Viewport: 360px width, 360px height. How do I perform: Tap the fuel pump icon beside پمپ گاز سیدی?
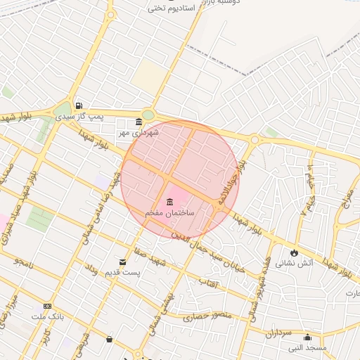point(78,105)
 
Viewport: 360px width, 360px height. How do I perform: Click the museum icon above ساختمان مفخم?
point(170,202)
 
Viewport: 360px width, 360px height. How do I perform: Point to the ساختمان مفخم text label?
point(169,212)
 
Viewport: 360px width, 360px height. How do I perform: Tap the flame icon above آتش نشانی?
point(293,253)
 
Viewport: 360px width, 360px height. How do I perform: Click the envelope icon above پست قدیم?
point(123,262)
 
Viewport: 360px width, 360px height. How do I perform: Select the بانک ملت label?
point(47,316)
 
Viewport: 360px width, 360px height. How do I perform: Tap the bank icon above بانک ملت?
point(47,306)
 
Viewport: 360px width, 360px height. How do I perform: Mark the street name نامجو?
point(22,262)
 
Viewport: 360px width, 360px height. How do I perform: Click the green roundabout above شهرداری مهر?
point(148,115)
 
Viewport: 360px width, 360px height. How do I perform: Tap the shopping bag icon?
point(109,339)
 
